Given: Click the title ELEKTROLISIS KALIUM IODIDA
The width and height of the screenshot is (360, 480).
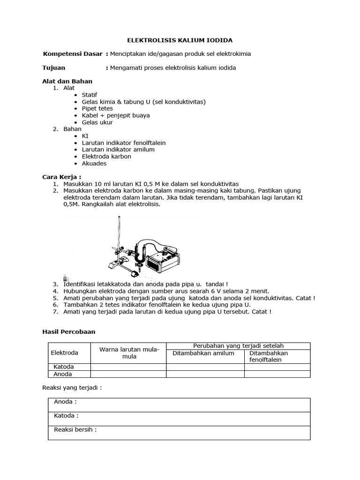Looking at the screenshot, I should [x=180, y=40].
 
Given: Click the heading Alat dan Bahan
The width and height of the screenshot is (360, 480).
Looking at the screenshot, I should [x=67, y=81].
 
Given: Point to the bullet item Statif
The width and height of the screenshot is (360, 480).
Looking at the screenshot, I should [x=90, y=95].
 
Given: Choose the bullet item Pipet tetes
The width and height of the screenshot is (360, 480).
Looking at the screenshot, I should [x=97, y=108].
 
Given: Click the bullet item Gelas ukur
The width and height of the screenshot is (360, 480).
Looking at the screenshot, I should [x=97, y=122].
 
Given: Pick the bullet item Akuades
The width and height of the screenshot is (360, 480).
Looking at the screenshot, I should [x=94, y=164].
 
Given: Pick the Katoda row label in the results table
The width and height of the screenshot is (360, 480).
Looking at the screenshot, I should [x=64, y=367].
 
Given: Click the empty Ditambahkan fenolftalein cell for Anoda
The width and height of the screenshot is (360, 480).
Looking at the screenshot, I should [x=277, y=374].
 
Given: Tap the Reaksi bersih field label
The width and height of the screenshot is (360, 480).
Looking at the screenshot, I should [x=75, y=430].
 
